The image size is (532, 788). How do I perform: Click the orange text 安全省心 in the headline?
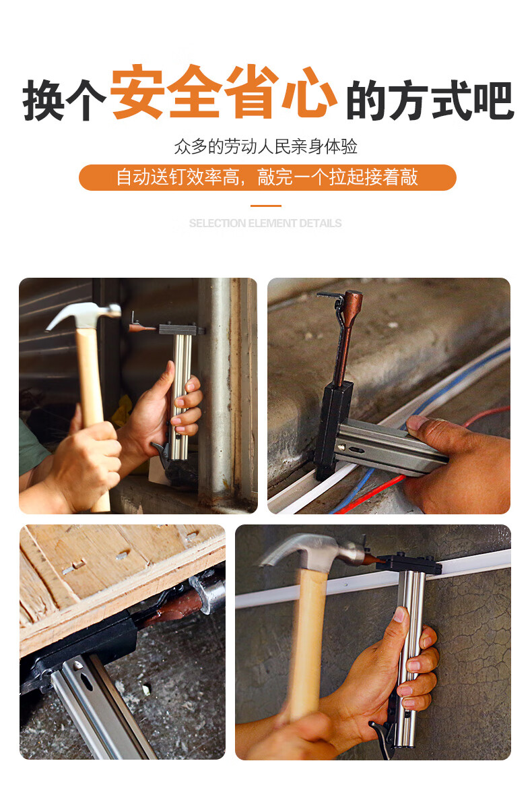(224, 93)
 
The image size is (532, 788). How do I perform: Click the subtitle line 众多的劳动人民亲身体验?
(265, 146)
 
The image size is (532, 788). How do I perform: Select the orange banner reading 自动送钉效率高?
(267, 177)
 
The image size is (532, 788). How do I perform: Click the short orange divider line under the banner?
(265, 206)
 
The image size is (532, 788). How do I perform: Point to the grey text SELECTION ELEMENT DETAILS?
(265, 223)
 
